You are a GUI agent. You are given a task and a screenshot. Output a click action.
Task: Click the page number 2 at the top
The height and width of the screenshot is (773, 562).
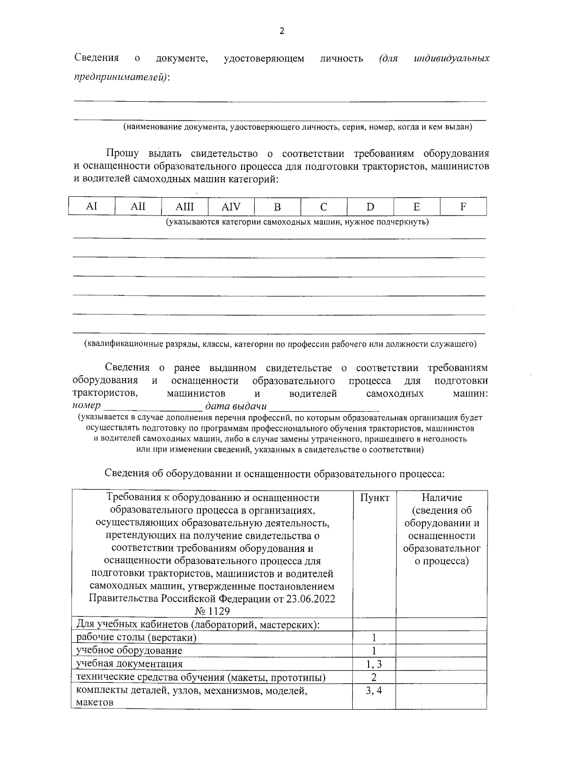pos(281,31)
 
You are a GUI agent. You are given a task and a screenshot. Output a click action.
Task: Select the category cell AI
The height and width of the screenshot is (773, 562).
pos(92,206)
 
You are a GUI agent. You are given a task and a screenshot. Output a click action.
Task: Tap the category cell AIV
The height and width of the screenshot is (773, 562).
pos(231,207)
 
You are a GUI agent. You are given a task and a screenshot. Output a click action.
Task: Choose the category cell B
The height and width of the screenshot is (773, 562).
pos(277,207)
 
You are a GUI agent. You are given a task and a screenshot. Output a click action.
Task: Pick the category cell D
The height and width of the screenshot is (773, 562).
pos(370,207)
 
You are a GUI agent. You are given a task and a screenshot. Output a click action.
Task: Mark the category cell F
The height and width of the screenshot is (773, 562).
pos(463,207)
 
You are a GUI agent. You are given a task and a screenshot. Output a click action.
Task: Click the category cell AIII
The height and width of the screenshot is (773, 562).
pos(185,207)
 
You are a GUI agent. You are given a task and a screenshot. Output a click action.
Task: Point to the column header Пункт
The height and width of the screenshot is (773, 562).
pos(374,498)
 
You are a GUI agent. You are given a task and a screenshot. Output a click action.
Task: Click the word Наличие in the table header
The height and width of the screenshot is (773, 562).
pos(442,498)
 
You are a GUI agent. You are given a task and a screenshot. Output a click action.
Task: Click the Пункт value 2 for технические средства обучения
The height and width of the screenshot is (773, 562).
pos(374,677)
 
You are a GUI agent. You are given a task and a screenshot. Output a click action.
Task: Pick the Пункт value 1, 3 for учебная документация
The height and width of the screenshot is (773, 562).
pos(374,664)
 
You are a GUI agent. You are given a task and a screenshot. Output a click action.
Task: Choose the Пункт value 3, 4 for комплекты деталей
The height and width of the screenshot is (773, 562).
pos(374,690)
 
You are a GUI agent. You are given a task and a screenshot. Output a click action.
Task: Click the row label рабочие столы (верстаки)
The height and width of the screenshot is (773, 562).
pos(136,638)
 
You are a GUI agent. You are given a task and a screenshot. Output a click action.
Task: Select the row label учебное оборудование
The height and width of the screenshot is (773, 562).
pos(129,651)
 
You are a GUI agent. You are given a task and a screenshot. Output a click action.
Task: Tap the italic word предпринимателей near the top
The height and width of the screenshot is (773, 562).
pos(121,76)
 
